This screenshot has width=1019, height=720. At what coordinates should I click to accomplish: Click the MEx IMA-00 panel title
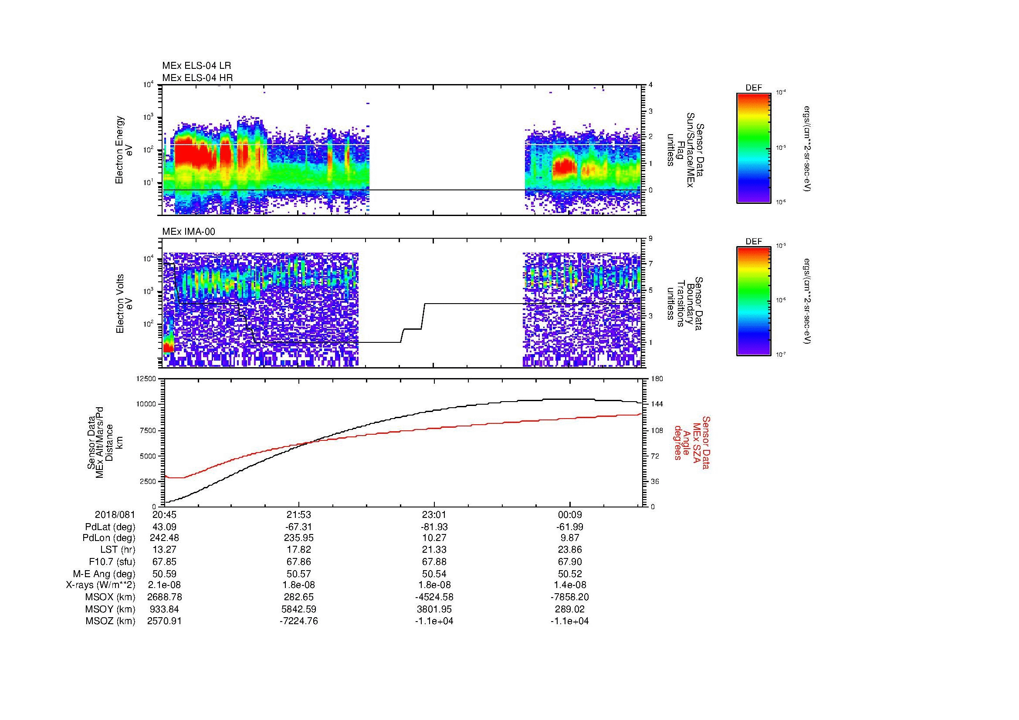point(189,232)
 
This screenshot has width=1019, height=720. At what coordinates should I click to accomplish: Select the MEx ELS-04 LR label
point(196,66)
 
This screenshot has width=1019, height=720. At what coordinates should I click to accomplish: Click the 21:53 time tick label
point(299,515)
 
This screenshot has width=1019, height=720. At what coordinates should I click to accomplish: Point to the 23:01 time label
point(434,515)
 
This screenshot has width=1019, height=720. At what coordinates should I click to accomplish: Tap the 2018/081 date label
point(115,515)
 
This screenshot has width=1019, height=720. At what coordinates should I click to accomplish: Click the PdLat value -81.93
point(434,527)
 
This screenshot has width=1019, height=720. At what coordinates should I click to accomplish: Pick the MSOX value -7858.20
point(569,597)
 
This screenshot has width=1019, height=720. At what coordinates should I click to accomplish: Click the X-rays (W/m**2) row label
point(100,585)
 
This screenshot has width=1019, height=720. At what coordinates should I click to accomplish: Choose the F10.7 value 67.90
point(569,562)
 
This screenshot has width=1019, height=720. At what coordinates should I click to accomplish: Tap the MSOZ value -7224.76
point(299,621)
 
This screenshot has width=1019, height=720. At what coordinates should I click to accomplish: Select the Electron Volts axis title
point(125,304)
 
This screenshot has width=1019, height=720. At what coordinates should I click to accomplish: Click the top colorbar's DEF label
point(754,88)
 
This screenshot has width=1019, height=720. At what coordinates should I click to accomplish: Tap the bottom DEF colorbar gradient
point(754,302)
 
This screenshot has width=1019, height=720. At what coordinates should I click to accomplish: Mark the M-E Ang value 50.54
point(434,574)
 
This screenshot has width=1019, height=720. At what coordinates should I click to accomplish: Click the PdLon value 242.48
point(164,538)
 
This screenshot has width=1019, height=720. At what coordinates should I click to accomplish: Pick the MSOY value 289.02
point(569,609)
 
